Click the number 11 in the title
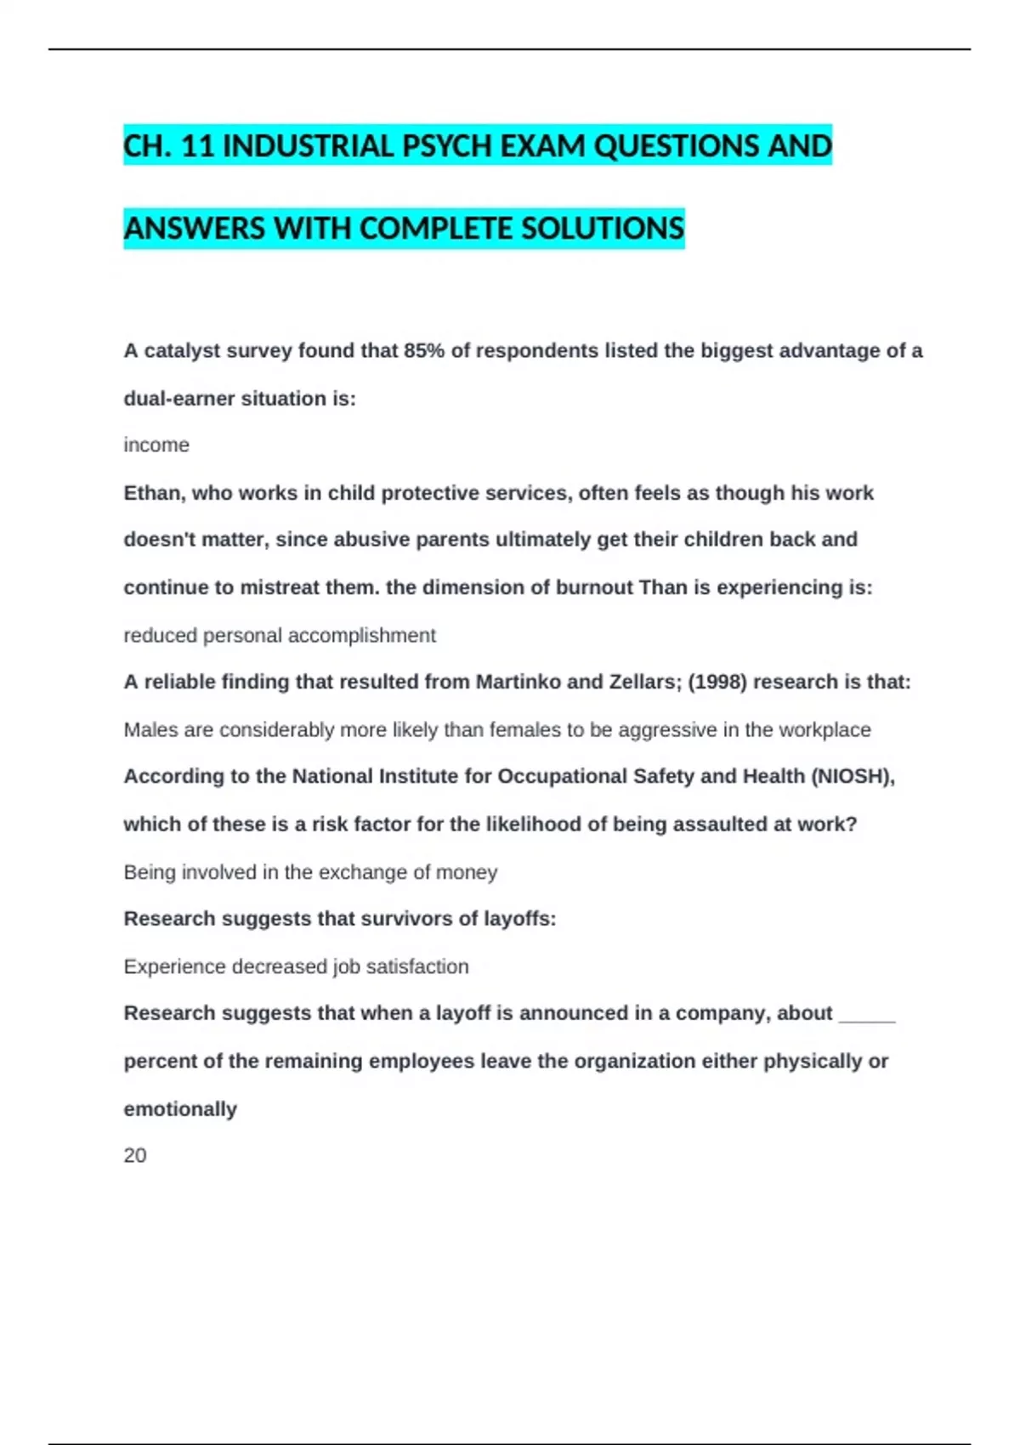coord(197,146)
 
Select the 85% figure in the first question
coord(424,351)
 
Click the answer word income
coord(156,445)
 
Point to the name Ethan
coord(153,493)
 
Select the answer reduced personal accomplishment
coord(280,636)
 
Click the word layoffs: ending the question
coord(519,919)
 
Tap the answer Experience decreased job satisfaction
coord(296,966)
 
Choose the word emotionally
coord(180,1109)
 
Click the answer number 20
coord(135,1156)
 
